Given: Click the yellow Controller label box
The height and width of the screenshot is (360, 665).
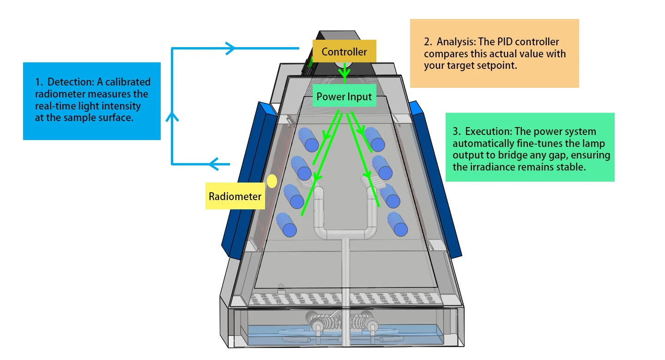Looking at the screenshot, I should click(344, 52).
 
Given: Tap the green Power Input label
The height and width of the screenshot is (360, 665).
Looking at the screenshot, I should click(344, 97).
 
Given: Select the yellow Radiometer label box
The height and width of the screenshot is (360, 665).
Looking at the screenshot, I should click(235, 196).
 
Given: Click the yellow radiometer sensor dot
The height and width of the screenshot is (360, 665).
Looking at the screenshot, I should click(272, 181).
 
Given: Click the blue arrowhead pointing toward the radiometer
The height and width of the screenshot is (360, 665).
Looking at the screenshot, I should click(213, 164).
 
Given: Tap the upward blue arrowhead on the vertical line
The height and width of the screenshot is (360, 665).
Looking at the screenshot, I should click(172, 117).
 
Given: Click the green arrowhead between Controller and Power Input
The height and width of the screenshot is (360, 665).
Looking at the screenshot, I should click(344, 74).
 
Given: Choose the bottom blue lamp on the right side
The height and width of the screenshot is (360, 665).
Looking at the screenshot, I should click(398, 225).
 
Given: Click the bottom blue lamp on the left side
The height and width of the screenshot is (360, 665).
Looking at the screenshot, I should click(286, 225).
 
